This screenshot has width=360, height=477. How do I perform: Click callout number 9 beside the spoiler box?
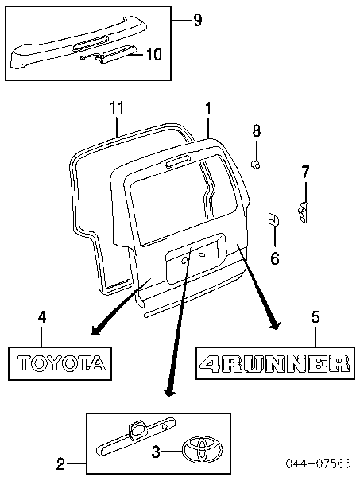197,20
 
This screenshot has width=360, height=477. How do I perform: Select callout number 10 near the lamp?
154,54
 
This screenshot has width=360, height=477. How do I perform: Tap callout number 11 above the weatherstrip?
117,107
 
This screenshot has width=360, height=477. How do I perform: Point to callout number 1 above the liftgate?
208,108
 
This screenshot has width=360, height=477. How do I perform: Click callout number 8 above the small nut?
257,131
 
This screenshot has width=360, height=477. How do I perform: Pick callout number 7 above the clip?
305,172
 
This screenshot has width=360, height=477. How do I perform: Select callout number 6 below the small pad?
274,259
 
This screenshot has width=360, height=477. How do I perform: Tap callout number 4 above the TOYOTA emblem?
42,317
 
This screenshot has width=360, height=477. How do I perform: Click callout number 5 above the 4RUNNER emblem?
315,317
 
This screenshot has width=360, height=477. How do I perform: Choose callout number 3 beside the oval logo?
156,452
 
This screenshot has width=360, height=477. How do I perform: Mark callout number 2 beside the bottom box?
60,464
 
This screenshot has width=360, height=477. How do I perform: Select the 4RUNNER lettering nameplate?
274,363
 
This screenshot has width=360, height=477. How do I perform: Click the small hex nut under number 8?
255,165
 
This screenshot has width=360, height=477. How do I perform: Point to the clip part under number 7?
303,212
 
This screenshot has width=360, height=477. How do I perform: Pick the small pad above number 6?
273,219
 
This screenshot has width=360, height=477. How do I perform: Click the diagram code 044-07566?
318,463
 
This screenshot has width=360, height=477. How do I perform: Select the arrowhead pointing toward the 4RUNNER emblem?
275,325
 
